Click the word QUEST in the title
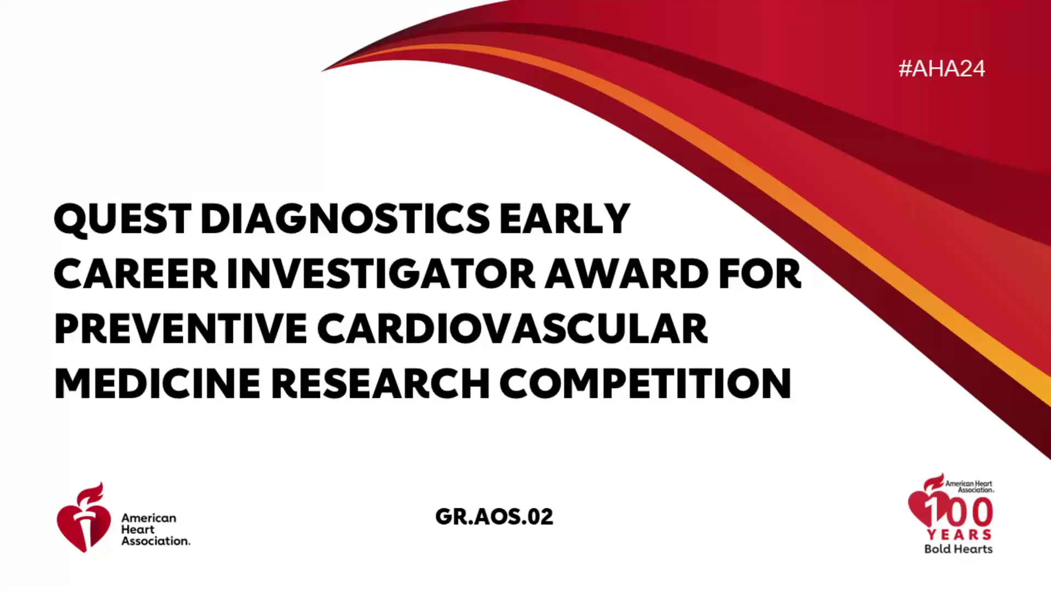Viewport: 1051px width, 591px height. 123,219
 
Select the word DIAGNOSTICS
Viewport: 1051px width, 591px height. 345,219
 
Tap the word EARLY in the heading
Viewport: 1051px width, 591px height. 564,219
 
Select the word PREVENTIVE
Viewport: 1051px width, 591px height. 181,329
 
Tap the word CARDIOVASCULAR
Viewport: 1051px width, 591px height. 512,329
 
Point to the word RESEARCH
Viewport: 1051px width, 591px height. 380,384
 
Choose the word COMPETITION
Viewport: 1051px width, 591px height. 645,384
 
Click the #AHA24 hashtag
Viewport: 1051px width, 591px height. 942,69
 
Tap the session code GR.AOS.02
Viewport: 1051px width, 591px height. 494,517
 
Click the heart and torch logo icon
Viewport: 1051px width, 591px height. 83,517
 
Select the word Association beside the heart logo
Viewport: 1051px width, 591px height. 155,541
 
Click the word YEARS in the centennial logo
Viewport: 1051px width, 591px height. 959,535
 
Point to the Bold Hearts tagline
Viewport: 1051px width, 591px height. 958,549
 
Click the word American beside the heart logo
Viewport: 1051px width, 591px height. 148,518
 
